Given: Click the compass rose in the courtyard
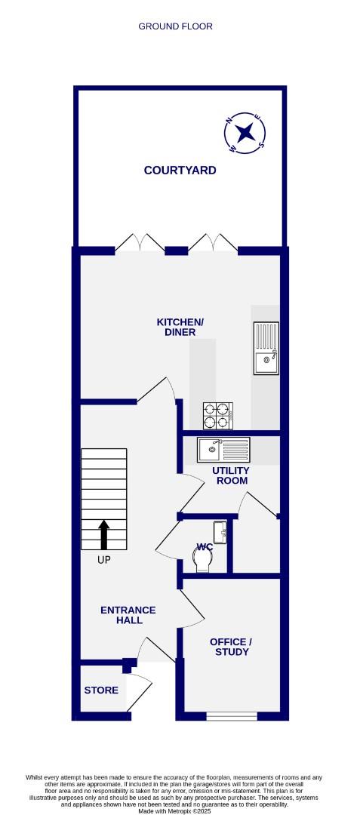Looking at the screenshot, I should [x=245, y=133].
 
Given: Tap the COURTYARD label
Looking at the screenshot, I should [x=180, y=171].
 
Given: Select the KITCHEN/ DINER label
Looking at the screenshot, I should [x=180, y=328].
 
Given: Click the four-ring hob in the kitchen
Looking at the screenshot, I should [x=217, y=414].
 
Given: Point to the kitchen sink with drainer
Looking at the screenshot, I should [x=266, y=348].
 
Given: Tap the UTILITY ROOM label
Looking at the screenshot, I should [x=231, y=475].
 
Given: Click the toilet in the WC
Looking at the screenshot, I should [x=203, y=559].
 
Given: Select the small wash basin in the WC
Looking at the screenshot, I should [x=220, y=532].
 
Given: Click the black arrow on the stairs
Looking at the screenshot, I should [x=104, y=534].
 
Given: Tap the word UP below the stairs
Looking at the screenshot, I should [x=104, y=561].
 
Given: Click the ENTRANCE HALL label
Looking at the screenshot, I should [x=128, y=615].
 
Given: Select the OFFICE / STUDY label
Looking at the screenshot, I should [x=231, y=647].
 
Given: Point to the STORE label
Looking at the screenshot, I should [x=99, y=689].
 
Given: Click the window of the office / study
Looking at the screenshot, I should [x=231, y=716].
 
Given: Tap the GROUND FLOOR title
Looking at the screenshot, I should [x=175, y=26].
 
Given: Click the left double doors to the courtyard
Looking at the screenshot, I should [x=140, y=243].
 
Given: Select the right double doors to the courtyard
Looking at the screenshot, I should [x=213, y=243].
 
